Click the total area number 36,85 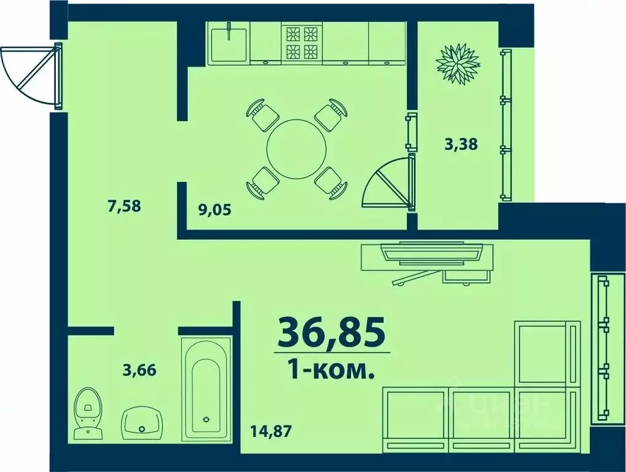point(332,332)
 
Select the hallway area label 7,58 point(125,206)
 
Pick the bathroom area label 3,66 point(139,370)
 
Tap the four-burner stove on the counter point(302,42)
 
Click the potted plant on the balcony point(457,63)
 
